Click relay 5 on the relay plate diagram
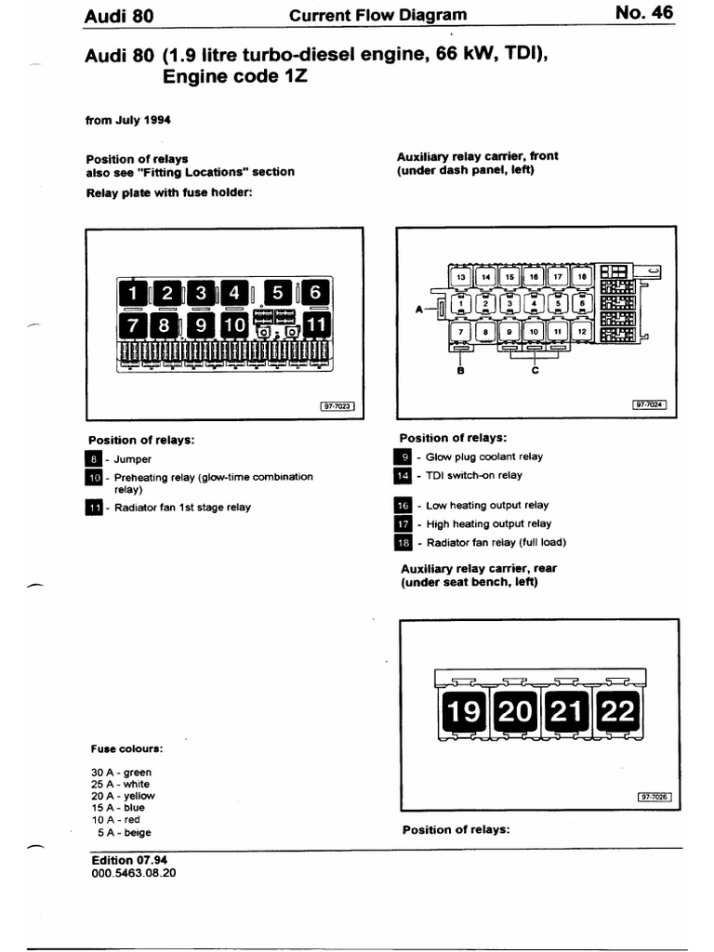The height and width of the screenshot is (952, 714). click(x=277, y=293)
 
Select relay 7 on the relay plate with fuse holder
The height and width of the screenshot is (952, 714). click(x=131, y=325)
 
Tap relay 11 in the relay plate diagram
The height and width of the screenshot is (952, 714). click(x=316, y=325)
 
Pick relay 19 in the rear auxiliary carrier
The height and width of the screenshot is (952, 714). click(x=463, y=713)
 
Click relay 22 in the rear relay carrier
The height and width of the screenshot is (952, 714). click(x=618, y=713)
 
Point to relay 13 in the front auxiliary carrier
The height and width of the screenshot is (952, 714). click(x=461, y=276)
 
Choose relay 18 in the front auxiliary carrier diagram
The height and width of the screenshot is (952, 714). click(x=582, y=276)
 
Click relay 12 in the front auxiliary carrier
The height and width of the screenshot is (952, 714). click(x=582, y=330)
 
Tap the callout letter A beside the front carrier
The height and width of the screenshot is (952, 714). click(x=419, y=304)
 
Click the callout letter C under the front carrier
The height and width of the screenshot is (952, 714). click(x=535, y=369)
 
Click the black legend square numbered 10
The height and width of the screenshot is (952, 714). click(x=94, y=478)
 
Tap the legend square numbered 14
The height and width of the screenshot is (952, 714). click(x=403, y=475)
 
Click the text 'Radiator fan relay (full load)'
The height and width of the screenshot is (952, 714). click(x=496, y=542)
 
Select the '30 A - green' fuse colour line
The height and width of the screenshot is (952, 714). click(x=121, y=773)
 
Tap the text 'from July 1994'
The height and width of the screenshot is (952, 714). click(x=127, y=120)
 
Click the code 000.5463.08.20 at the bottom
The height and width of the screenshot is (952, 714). click(x=134, y=874)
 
